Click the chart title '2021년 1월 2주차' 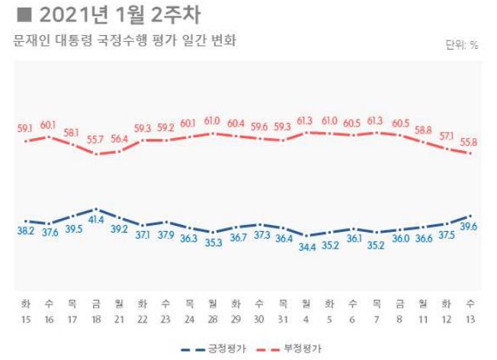111,15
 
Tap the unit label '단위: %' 461,45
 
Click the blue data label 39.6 468,227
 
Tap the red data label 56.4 120,137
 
